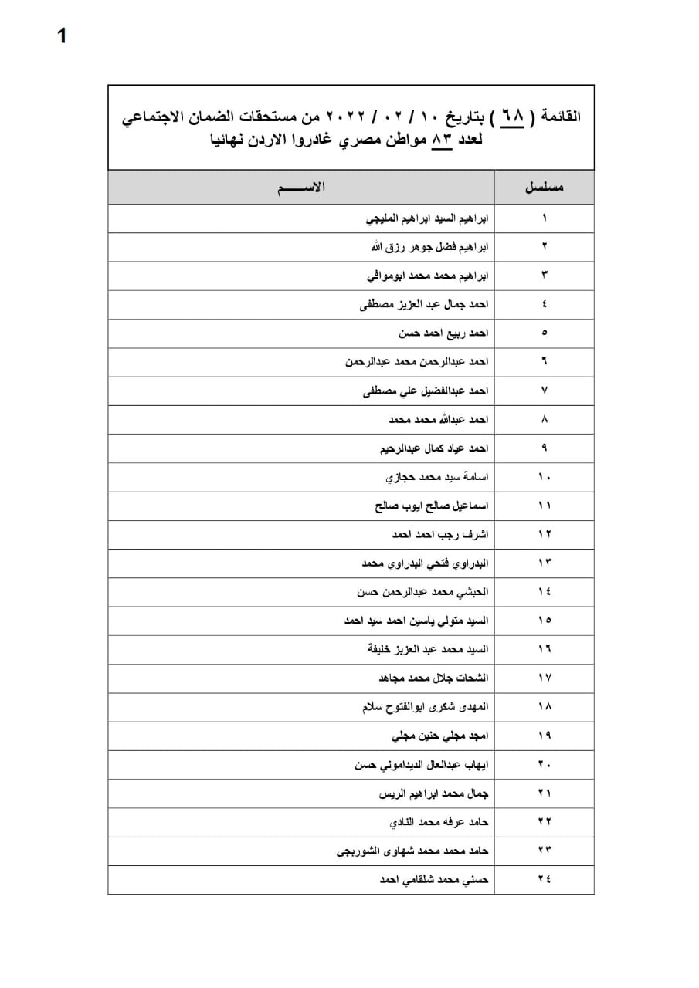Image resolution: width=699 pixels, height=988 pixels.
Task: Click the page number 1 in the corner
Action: (x=62, y=36)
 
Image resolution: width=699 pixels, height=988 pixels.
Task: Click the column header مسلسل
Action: (x=545, y=188)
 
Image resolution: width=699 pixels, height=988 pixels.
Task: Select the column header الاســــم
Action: (x=301, y=188)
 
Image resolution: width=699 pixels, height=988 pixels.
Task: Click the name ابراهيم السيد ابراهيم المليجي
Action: (x=427, y=218)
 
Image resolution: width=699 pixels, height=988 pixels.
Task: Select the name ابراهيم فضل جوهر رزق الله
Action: (x=430, y=247)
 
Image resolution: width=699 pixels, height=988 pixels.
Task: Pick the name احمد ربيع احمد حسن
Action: (x=444, y=333)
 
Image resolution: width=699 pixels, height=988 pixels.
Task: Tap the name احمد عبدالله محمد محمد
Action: (x=439, y=420)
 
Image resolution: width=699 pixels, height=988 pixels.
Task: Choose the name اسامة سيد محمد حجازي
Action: (x=437, y=478)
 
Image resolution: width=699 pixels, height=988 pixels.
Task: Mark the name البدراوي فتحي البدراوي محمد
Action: (x=426, y=563)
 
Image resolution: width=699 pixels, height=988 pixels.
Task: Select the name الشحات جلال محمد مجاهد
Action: (x=433, y=678)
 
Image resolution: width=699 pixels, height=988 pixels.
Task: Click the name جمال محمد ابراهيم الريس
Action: (x=434, y=793)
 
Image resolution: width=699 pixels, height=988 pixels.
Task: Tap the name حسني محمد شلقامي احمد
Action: (x=435, y=879)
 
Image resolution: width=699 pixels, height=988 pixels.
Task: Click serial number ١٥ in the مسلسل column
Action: (x=545, y=621)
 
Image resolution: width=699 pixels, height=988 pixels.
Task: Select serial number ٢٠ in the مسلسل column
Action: (x=545, y=764)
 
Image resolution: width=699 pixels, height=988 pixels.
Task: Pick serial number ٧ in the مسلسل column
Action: (x=545, y=391)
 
